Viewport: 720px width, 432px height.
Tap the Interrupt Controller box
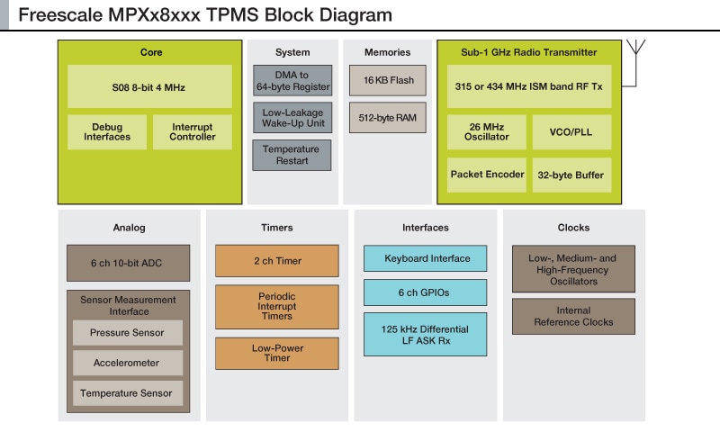coord(193,131)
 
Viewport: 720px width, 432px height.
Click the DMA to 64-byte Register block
coord(292,80)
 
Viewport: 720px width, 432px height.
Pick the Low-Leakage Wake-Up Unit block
coord(292,118)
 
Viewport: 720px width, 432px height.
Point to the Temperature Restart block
coord(292,155)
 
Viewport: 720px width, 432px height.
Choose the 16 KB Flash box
coord(388,81)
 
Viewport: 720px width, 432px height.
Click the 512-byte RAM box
coord(388,118)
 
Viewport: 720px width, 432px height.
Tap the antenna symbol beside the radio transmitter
coord(638,48)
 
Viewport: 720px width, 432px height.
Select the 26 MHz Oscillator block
coord(487,131)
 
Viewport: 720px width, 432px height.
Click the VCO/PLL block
coord(571,131)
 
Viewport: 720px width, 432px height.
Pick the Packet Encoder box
coord(487,175)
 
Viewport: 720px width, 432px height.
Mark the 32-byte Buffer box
coord(571,175)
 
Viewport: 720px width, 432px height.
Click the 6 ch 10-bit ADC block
coord(128,263)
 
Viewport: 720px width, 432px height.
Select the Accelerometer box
coord(128,363)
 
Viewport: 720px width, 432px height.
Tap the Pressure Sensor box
coord(128,333)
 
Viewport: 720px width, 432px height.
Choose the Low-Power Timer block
coord(277,353)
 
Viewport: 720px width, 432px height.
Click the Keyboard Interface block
coord(426,259)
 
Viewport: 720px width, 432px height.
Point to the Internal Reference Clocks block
coord(573,316)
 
